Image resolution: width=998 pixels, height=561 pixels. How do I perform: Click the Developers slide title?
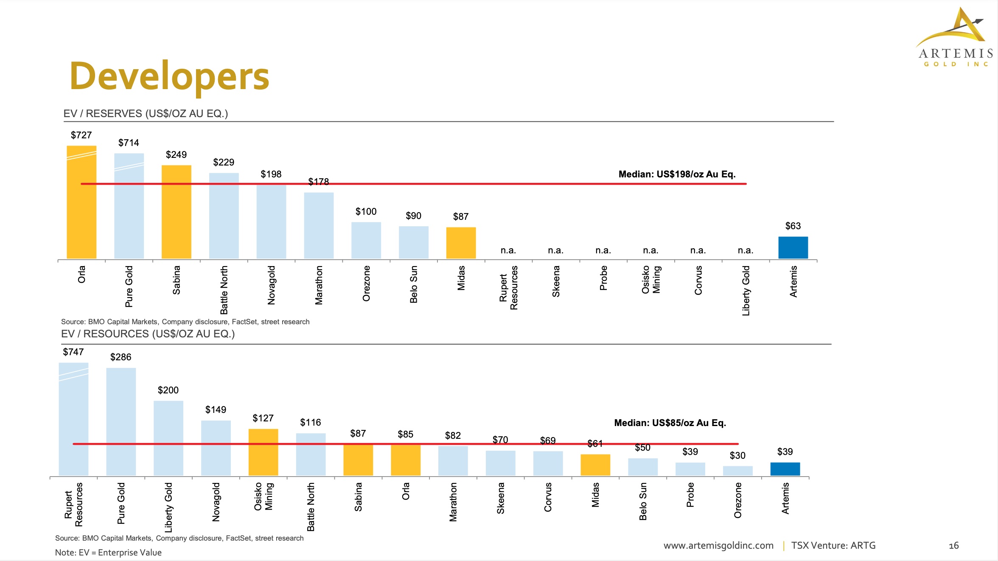coord(169,76)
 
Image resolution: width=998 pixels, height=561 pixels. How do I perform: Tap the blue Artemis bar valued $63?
coord(793,247)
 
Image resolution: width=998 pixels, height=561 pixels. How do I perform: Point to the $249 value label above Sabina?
coord(176,154)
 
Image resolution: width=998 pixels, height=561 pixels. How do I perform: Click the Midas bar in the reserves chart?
coord(461,243)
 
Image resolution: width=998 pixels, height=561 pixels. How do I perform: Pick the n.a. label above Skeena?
coord(555,250)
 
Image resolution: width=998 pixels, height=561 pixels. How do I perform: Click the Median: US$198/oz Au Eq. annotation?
coord(677,174)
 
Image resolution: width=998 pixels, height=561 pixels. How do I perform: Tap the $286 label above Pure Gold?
coord(121,357)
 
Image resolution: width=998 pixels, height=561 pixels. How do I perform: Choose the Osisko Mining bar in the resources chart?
coord(263,452)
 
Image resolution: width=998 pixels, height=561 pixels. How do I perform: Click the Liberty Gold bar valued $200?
coord(168,438)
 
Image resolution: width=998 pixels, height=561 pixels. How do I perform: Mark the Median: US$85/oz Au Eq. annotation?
coord(670,423)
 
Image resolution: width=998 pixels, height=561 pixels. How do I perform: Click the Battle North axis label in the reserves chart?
coord(224,290)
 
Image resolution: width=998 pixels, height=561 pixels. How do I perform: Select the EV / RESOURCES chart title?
coord(148,334)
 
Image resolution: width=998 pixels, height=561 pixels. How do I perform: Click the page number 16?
coord(953,545)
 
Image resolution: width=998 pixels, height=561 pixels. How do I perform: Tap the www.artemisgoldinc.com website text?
coord(718,545)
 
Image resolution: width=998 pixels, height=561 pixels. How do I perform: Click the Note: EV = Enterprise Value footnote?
coord(108,553)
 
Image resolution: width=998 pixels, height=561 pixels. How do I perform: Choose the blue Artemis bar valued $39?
coord(785,469)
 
